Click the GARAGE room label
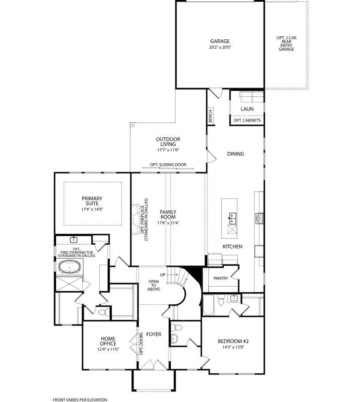pyautogui.click(x=220, y=41)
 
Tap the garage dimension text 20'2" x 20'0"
pyautogui.click(x=220, y=47)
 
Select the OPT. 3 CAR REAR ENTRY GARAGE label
pyautogui.click(x=287, y=43)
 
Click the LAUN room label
pyautogui.click(x=247, y=109)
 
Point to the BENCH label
pyautogui.click(x=210, y=116)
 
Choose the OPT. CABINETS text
pyautogui.click(x=247, y=120)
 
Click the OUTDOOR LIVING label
pyautogui.click(x=168, y=142)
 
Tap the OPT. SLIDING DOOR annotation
pyautogui.click(x=168, y=165)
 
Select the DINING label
pyautogui.click(x=236, y=154)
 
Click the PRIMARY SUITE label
pyautogui.click(x=92, y=201)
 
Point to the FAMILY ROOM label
pyautogui.click(x=168, y=214)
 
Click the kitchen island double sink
pyautogui.click(x=233, y=218)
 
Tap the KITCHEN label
pyautogui.click(x=232, y=246)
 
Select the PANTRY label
pyautogui.click(x=221, y=278)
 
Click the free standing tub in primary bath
pyautogui.click(x=69, y=267)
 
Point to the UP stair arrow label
pyautogui.click(x=163, y=275)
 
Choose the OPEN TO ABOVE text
pyautogui.click(x=154, y=285)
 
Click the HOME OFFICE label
pyautogui.click(x=108, y=341)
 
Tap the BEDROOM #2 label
pyautogui.click(x=234, y=341)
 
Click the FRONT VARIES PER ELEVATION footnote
pyautogui.click(x=80, y=400)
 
